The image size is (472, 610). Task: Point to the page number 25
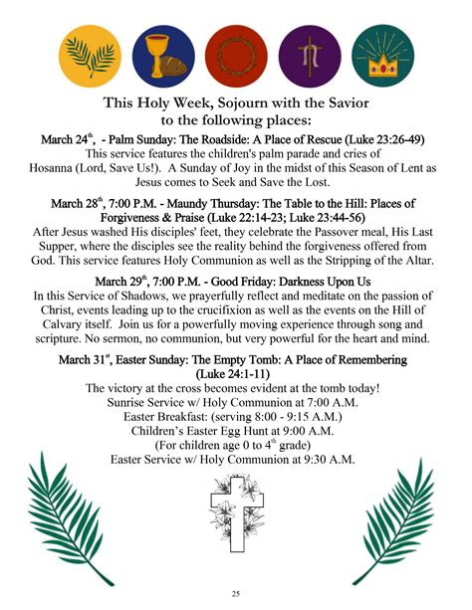(235, 593)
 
